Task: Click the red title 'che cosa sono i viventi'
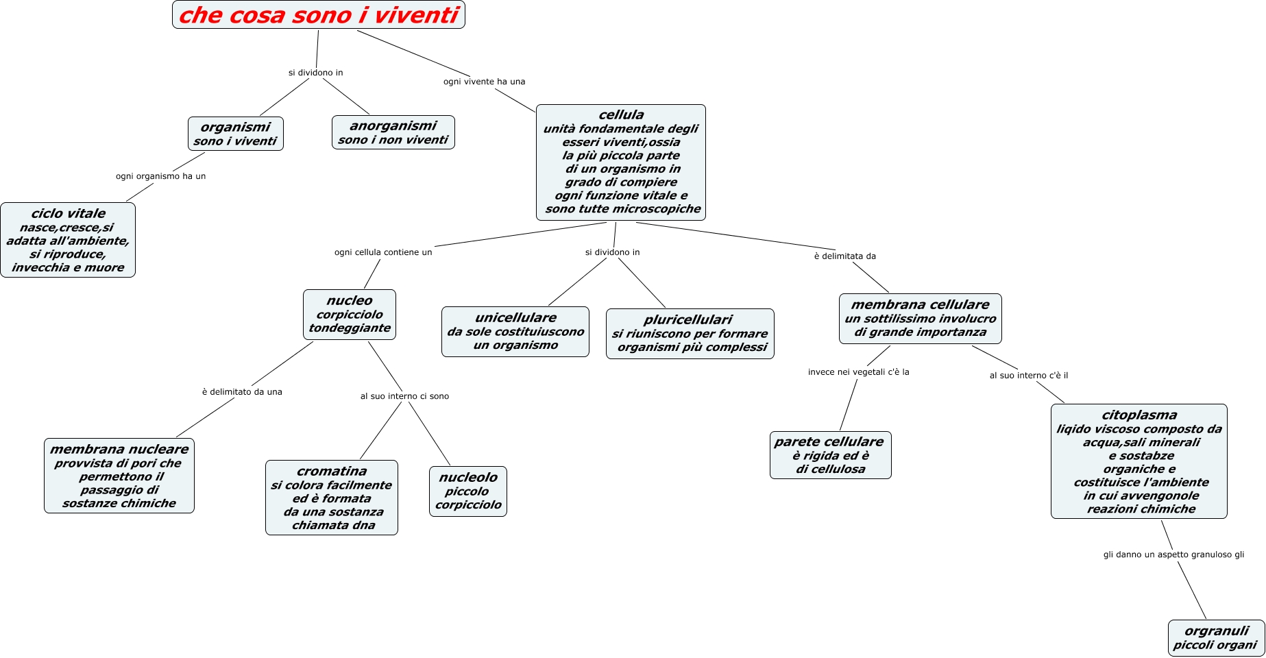click(318, 15)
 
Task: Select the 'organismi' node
click(235, 134)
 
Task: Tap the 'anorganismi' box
click(393, 132)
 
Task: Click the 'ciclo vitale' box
click(68, 240)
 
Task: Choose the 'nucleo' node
click(350, 314)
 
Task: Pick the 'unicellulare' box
click(515, 331)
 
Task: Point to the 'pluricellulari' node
click(690, 333)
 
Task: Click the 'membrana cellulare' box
click(920, 318)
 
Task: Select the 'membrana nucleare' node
click(119, 476)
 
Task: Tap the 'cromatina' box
click(332, 498)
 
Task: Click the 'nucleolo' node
click(468, 491)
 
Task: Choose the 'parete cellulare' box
click(830, 455)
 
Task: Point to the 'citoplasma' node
click(1139, 461)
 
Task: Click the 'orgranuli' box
click(1216, 637)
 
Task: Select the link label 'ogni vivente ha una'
click(484, 82)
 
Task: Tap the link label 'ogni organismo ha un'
click(160, 176)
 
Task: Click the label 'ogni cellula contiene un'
click(383, 252)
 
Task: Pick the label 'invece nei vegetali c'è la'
click(858, 372)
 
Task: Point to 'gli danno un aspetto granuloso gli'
click(1173, 555)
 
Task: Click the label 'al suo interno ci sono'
click(404, 396)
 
